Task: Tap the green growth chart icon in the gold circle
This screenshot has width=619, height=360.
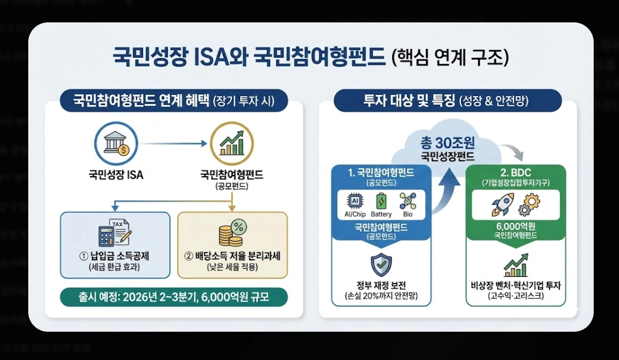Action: (231, 143)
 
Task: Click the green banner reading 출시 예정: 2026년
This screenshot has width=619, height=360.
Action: (174, 296)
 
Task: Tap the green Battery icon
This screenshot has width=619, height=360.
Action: (381, 201)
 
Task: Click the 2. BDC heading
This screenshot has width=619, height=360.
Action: (515, 173)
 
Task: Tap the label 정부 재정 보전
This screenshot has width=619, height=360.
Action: (381, 286)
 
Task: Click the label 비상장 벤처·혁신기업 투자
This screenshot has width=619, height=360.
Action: (515, 286)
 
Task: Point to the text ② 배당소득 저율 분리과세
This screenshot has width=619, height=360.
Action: (231, 257)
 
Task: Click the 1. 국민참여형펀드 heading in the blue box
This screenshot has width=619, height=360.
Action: (381, 173)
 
